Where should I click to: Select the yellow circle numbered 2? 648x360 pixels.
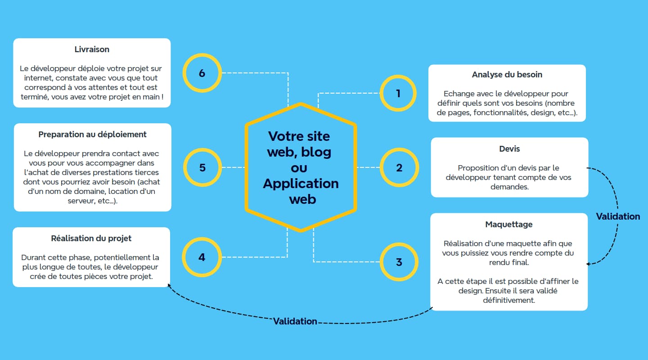tap(399, 168)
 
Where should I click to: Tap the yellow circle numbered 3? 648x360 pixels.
tap(399, 262)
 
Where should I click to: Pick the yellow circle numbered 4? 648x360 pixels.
tap(202, 257)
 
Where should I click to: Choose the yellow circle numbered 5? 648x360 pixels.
tap(202, 168)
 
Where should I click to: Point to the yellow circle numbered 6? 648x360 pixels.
tap(202, 73)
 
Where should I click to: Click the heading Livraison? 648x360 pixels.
tap(92, 49)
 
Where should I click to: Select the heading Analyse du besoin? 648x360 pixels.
tap(507, 75)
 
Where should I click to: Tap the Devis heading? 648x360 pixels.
tap(509, 149)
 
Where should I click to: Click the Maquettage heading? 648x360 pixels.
tap(509, 225)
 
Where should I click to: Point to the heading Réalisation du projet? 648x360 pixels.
tap(91, 238)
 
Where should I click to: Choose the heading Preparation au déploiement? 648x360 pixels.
tap(93, 135)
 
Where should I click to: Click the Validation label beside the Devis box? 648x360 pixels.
tap(618, 216)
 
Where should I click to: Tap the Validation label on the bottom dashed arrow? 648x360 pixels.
tap(295, 321)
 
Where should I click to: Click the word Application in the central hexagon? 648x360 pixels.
tap(301, 184)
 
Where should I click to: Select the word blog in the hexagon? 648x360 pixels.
tap(316, 152)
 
